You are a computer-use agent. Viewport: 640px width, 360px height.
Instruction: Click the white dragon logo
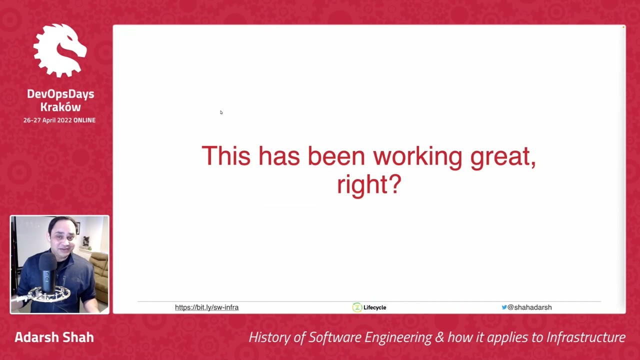click(60, 50)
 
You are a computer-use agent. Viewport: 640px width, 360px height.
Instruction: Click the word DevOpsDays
click(60, 94)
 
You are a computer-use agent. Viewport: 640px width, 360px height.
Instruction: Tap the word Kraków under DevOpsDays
click(60, 107)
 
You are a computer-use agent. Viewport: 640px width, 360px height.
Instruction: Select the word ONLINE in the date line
click(84, 120)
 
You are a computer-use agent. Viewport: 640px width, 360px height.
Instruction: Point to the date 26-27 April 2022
click(47, 120)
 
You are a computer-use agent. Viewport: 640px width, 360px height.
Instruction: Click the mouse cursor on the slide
click(221, 112)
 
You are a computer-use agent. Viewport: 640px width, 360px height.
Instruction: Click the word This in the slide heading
click(225, 156)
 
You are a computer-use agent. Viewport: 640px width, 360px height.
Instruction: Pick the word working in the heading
click(417, 157)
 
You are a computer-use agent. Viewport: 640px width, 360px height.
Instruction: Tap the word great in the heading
click(502, 157)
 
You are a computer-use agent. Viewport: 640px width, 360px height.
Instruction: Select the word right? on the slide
click(369, 184)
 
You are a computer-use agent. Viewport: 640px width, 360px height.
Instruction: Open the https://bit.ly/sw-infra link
click(206, 307)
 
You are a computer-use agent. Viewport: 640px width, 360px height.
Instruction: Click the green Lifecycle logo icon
click(357, 307)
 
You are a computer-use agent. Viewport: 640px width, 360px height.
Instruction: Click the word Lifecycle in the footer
click(374, 307)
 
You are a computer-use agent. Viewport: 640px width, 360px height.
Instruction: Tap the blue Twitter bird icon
click(504, 307)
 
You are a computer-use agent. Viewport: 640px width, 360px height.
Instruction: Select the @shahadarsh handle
click(529, 307)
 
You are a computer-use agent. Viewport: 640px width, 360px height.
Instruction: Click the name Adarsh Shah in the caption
click(54, 337)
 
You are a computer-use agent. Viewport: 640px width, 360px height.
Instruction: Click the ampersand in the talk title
click(440, 337)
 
